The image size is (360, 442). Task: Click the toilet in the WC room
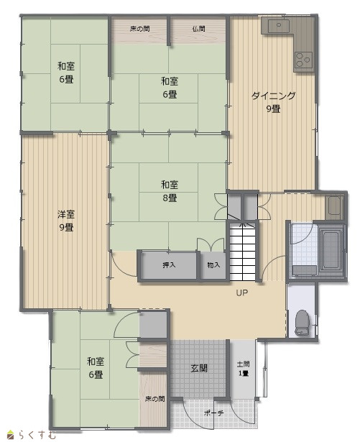[x=301, y=323]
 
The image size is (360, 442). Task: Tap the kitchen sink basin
[x=278, y=26]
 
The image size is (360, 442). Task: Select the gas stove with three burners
[x=304, y=60]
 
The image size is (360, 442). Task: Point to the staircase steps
[x=242, y=251]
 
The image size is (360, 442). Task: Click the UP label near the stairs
[x=242, y=293]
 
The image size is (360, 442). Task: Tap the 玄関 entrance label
[x=199, y=368]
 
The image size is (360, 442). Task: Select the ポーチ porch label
[x=213, y=413]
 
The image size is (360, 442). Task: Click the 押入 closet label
[x=169, y=264]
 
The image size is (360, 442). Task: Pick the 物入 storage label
[x=213, y=264]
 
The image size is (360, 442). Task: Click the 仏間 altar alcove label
[x=198, y=29]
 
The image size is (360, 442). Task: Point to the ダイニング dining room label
[x=273, y=96]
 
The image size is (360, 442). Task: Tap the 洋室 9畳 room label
[x=66, y=221]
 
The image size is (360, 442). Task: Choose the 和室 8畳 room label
[x=170, y=191]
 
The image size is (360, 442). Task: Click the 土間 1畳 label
[x=244, y=369]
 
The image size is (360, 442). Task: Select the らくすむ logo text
[x=37, y=434]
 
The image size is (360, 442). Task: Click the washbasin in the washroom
[x=334, y=206]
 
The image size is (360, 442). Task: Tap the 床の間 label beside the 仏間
[x=140, y=29]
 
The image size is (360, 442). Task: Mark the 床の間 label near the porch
[x=154, y=399]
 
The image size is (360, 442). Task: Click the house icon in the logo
[x=11, y=435]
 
